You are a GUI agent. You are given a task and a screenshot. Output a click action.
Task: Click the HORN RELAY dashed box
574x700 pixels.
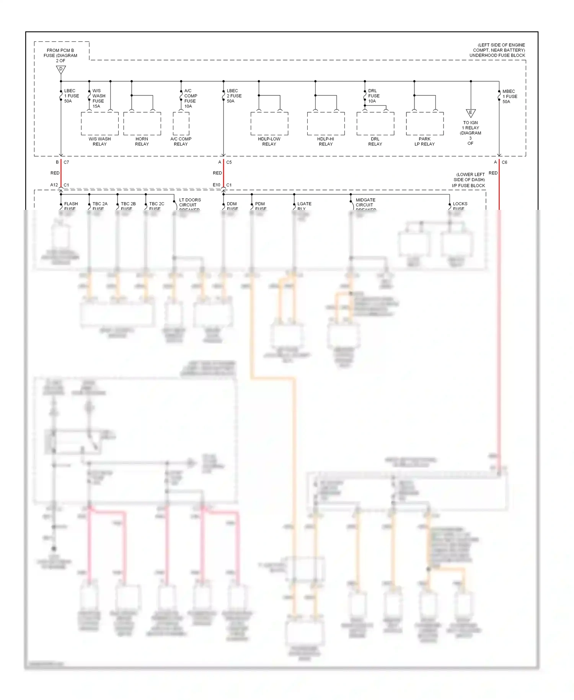point(142,124)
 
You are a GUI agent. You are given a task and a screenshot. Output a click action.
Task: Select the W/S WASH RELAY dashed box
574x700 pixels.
point(99,124)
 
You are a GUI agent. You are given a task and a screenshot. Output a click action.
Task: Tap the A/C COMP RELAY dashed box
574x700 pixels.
point(181,124)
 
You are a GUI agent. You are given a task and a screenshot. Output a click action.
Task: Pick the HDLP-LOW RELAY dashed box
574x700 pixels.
point(269,124)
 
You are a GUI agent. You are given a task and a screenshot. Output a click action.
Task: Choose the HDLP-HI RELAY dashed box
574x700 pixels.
point(326,124)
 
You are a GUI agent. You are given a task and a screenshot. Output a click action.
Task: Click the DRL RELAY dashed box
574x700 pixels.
point(375,124)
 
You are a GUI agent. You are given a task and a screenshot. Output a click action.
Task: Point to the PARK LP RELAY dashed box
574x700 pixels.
point(424,124)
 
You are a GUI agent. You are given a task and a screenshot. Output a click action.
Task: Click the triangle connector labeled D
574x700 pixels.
point(61,70)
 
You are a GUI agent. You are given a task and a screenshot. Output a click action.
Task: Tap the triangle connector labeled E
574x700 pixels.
point(471,113)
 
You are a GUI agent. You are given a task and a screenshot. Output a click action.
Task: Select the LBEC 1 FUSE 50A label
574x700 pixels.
point(71,96)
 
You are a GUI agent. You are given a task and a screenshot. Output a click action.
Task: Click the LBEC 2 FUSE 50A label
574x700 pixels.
point(234,96)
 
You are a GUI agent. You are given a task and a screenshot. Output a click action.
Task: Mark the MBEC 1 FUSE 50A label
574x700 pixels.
point(510,96)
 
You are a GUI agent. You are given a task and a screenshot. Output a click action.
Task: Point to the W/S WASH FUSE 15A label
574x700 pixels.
point(99,98)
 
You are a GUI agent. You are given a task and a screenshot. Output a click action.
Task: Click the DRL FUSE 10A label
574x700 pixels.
point(373,96)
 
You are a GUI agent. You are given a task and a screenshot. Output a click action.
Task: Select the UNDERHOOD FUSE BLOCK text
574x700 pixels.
point(497,56)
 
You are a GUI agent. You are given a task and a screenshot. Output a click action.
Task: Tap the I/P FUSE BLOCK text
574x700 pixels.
point(468,186)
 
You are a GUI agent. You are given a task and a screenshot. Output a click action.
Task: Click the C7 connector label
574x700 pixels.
point(66,162)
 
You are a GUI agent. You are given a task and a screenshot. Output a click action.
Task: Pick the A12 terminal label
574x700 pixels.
point(54,185)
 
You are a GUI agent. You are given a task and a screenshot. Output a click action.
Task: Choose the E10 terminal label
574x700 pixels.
point(217,185)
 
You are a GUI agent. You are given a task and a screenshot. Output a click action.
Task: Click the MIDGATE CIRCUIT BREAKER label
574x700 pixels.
point(365,204)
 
